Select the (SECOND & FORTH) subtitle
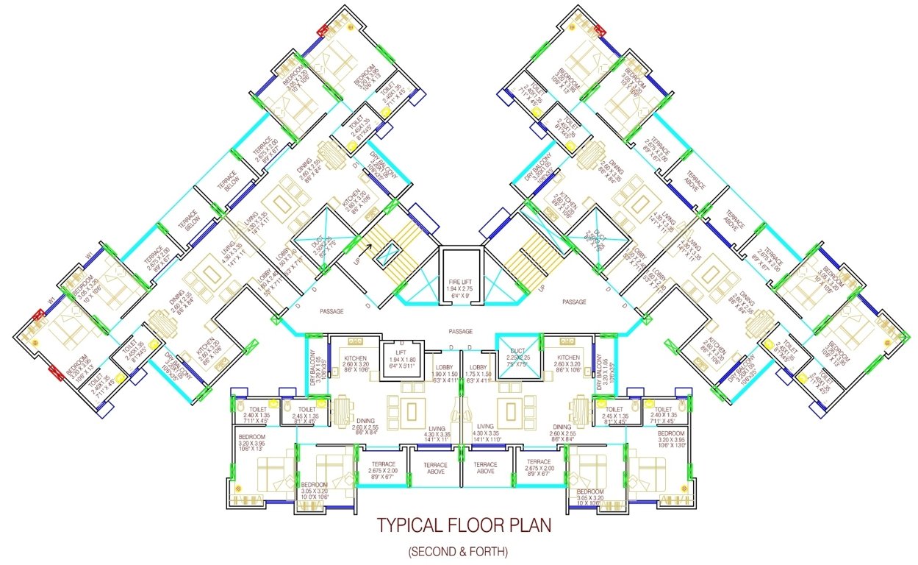[x=458, y=551]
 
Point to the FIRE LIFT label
[x=462, y=282]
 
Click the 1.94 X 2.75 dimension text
[x=462, y=289]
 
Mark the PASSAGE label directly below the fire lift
[x=461, y=331]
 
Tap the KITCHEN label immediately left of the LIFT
[x=356, y=359]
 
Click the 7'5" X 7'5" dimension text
[x=518, y=366]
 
